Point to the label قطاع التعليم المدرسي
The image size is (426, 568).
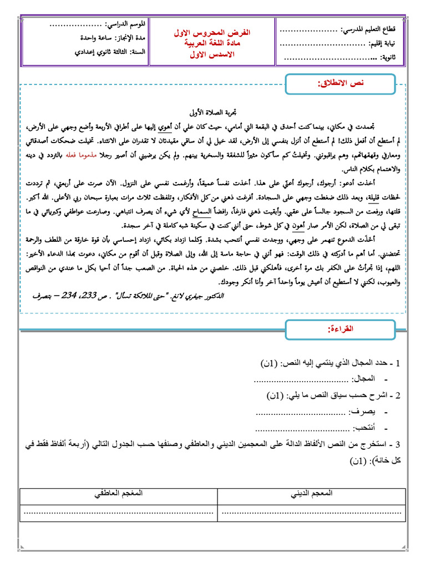[x=371, y=29]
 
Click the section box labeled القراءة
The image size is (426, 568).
[x=339, y=331]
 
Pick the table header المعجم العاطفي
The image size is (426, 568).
[x=118, y=493]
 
